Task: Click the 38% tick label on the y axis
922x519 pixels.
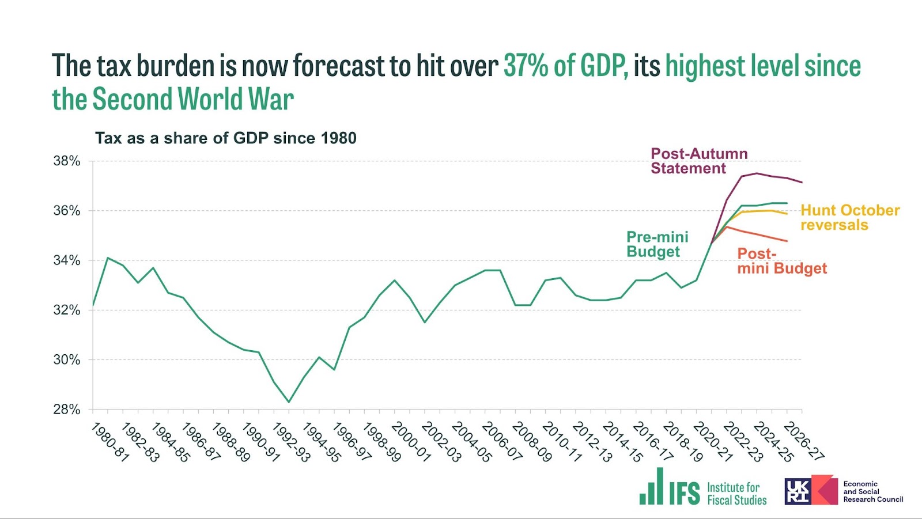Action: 66,161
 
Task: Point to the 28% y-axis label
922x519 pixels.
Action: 66,410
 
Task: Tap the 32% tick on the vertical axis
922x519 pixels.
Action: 66,310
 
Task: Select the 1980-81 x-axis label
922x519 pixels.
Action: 110,442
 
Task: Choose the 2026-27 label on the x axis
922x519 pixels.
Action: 803,442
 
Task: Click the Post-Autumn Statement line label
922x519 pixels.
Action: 699,161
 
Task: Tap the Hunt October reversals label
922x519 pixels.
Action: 850,217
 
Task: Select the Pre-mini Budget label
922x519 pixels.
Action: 657,244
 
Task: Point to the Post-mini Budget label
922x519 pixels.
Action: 781,261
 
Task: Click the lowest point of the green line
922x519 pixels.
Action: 289,402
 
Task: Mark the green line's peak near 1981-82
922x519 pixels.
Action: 108,257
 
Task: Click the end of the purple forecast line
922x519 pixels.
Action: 802,183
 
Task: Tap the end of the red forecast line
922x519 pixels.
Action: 787,241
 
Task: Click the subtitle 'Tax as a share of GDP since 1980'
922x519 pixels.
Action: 225,138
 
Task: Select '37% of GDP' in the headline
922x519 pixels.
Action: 565,66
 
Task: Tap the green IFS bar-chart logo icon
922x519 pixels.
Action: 652,487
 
